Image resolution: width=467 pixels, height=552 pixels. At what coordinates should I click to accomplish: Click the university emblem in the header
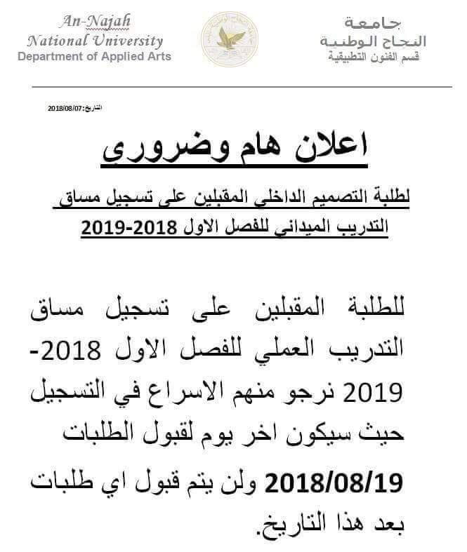point(229,39)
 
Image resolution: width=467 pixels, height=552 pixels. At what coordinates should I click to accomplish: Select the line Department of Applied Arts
point(94,56)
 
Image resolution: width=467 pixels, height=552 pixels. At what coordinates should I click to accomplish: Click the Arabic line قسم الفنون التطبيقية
point(378,56)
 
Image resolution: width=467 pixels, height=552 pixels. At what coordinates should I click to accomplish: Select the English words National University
point(94,41)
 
